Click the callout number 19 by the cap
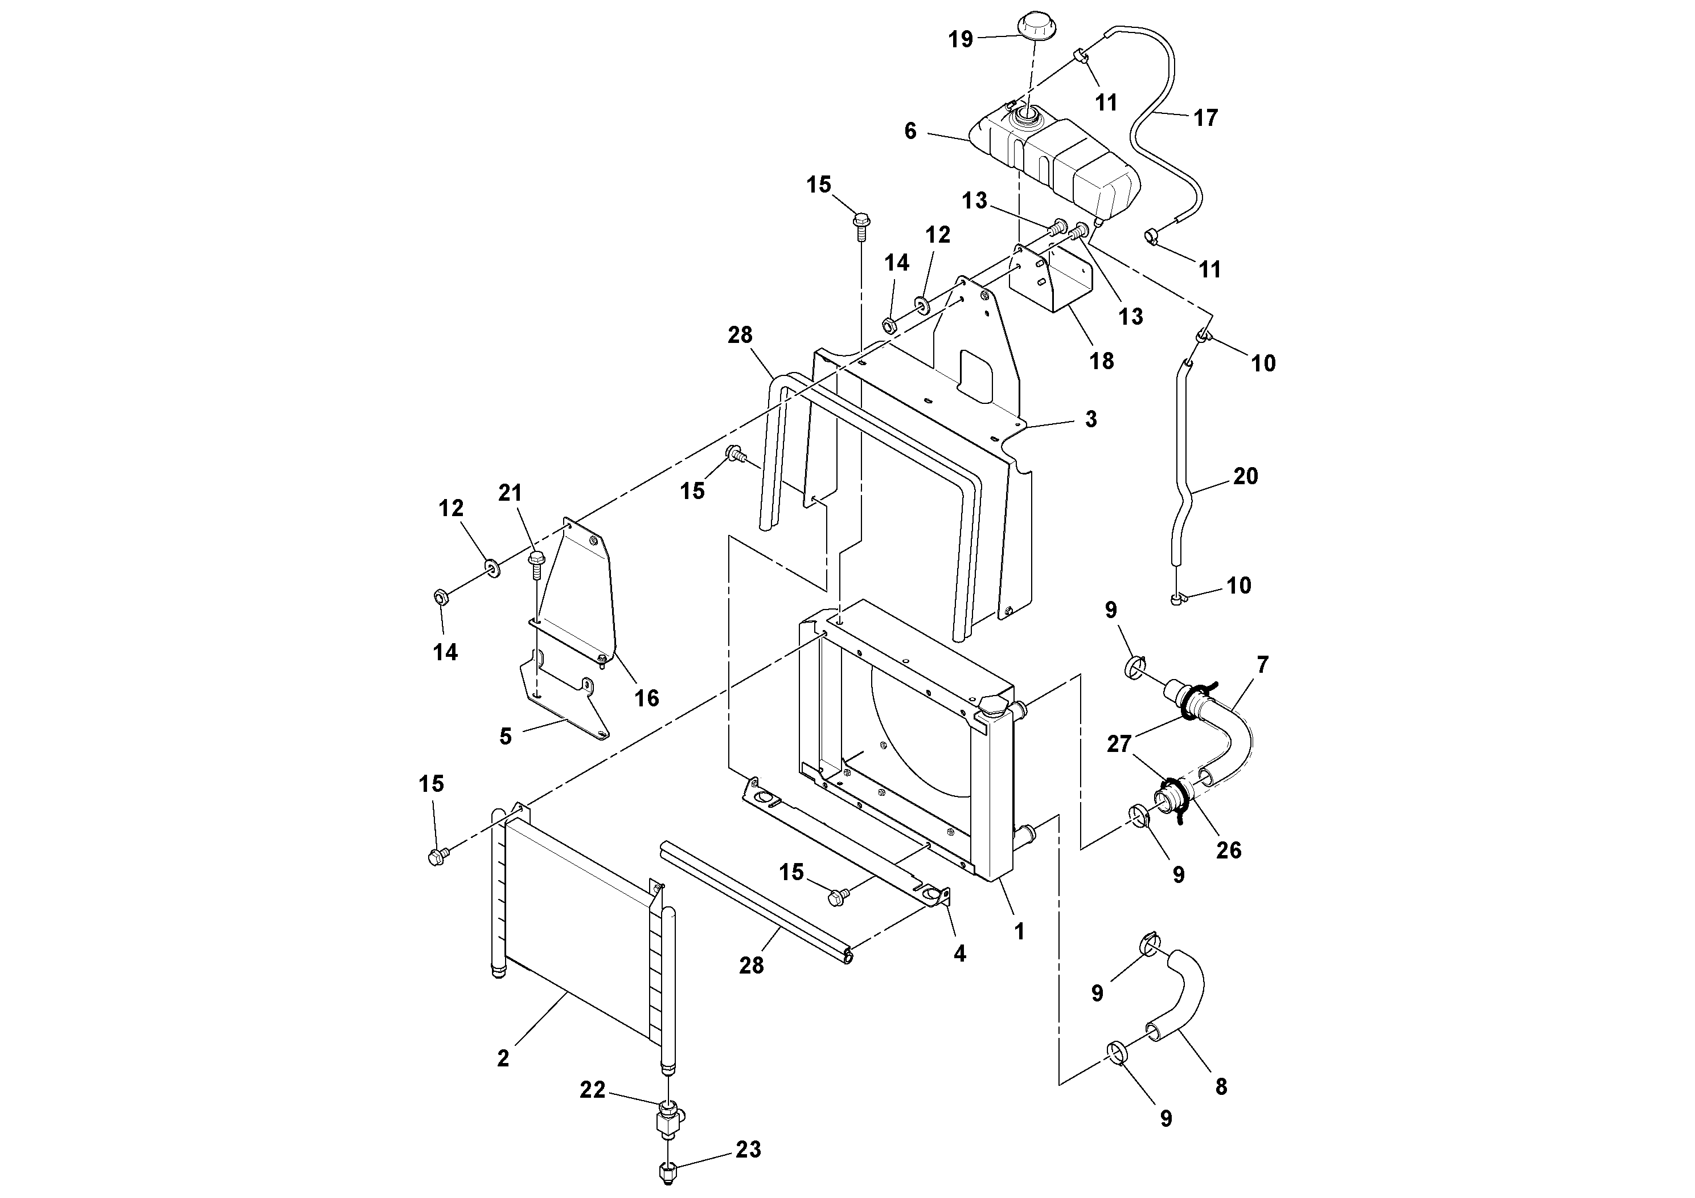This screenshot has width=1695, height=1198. pos(961,39)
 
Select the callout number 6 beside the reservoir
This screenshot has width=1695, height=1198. pos(910,130)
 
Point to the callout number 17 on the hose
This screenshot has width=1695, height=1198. pos(1205,117)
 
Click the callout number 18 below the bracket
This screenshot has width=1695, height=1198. pos(1102,361)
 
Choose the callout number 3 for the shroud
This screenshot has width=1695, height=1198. pos(1091,419)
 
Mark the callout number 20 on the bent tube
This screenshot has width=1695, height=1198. pos(1245,476)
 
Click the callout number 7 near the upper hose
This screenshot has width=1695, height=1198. pos(1262,665)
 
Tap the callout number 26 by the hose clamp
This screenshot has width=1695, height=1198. pos(1229,850)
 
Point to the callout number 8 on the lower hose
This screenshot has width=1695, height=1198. pos(1221,1086)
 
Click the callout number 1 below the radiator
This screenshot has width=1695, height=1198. pos(1020,931)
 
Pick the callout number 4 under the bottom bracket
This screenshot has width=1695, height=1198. pos(959,954)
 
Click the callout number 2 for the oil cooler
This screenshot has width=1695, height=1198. pos(503,1058)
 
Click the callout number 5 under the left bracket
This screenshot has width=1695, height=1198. pos(505,737)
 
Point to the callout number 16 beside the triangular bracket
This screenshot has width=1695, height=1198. pos(647,698)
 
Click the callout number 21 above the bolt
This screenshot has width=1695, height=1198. pos(510,493)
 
